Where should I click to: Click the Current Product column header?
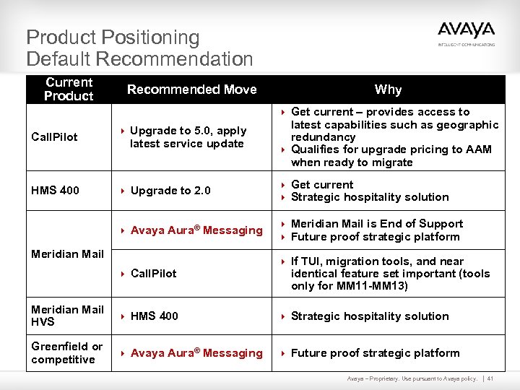[x=69, y=90]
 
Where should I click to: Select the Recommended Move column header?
[x=191, y=90]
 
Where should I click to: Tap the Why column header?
[x=388, y=90]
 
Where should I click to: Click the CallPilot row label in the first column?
[x=54, y=136]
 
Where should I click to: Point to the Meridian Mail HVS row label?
[x=67, y=316]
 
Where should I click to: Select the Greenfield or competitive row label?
[x=66, y=352]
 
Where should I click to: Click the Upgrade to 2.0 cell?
[x=170, y=191]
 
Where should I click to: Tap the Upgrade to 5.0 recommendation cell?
[x=188, y=137]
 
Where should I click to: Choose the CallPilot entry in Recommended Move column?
[x=153, y=274]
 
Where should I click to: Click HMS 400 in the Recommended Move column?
[x=154, y=316]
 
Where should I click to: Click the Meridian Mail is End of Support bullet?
[x=376, y=224]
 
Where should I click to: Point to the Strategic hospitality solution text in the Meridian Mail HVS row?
[x=369, y=316]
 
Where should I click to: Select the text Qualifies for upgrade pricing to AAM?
[x=391, y=149]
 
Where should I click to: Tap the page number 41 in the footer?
[x=490, y=379]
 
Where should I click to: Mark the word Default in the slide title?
[x=58, y=59]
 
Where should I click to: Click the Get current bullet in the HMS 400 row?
[x=322, y=185]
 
